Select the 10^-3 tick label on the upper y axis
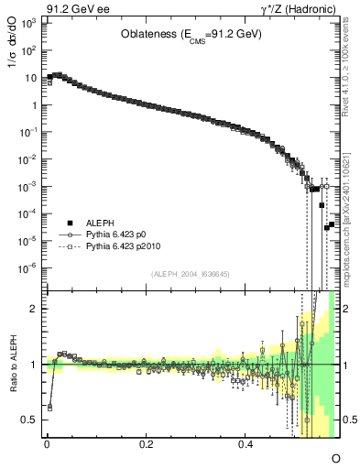[29, 186]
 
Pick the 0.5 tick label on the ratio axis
[31, 420]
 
